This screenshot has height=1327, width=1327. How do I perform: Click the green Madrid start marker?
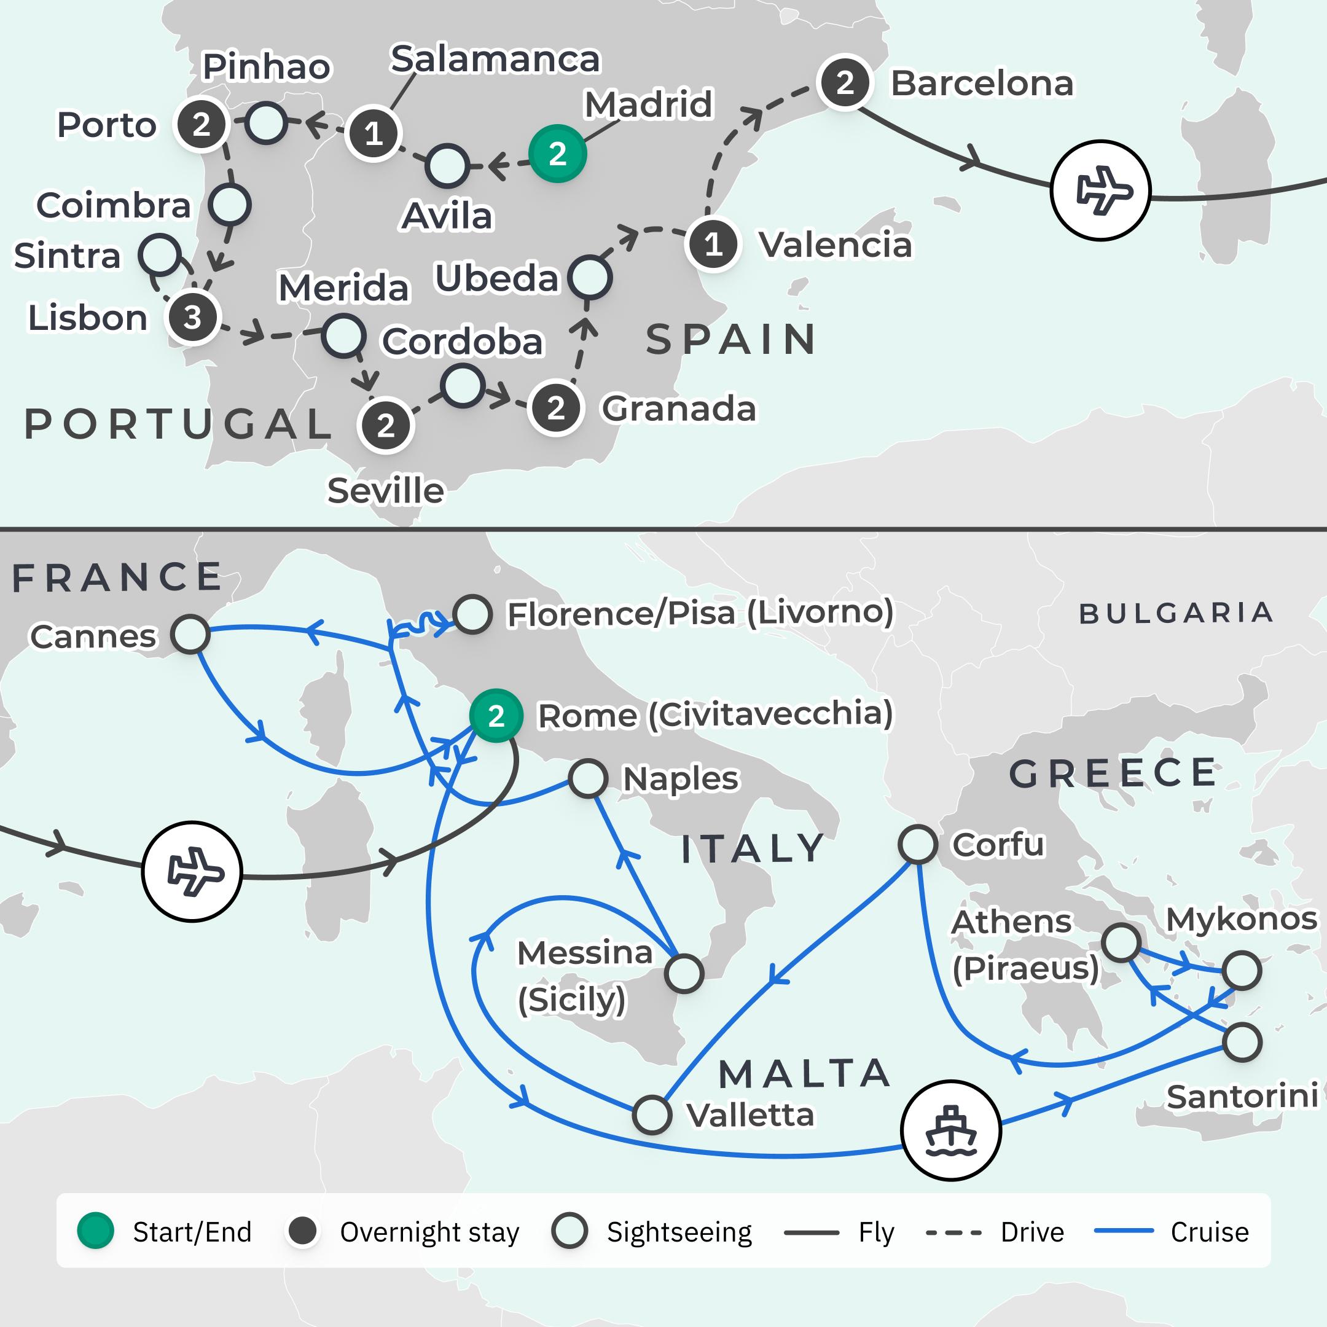click(557, 153)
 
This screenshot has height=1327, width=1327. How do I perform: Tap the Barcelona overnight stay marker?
click(845, 82)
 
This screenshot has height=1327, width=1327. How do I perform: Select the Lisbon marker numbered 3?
click(192, 318)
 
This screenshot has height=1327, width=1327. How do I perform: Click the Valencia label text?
click(836, 245)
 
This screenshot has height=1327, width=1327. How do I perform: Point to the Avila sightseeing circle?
click(447, 165)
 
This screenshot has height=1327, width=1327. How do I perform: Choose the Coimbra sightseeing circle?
click(229, 205)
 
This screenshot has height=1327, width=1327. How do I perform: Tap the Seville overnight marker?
click(385, 426)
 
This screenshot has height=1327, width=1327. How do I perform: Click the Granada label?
click(679, 409)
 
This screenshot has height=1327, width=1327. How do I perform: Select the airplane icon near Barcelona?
click(1100, 190)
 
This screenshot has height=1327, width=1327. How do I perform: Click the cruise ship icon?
click(950, 1130)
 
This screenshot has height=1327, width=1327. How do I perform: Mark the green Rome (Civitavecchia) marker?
click(496, 716)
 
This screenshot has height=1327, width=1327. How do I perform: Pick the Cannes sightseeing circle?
click(190, 635)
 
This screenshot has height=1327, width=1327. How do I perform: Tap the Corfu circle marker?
click(918, 844)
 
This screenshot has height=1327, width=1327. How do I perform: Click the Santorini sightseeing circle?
click(1242, 1043)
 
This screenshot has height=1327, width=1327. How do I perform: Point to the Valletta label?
click(750, 1116)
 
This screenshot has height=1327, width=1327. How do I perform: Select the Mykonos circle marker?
click(1242, 971)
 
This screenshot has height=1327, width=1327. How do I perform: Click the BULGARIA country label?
click(1176, 613)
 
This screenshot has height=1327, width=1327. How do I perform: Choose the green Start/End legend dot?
click(95, 1232)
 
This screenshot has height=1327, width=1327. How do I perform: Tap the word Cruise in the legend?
click(1210, 1232)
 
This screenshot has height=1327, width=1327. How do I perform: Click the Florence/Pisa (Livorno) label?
click(700, 613)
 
